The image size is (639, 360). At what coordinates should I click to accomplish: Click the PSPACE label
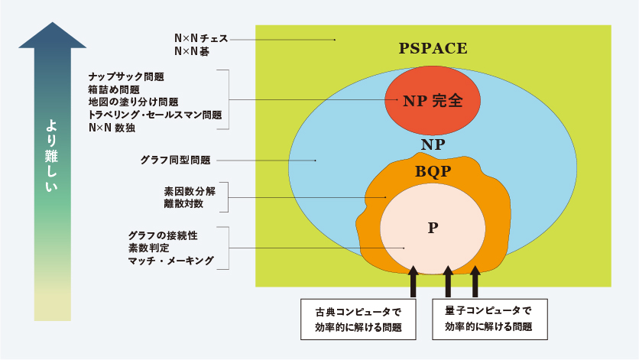(x=433, y=48)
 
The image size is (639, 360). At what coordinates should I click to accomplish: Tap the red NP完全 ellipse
(x=433, y=100)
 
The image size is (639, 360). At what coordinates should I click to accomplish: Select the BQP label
(x=433, y=171)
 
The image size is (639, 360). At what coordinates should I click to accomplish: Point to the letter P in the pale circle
(x=433, y=228)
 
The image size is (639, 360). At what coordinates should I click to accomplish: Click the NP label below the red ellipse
(x=433, y=144)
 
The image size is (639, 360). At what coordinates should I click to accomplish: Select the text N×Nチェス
(x=201, y=38)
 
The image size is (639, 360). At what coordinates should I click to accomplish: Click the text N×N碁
(x=192, y=51)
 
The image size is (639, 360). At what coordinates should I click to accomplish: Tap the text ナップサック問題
(x=126, y=76)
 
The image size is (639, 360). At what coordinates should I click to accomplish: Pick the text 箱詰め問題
(x=114, y=89)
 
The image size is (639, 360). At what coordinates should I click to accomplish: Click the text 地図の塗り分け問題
(x=133, y=102)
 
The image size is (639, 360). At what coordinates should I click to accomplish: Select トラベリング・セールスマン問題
(x=155, y=115)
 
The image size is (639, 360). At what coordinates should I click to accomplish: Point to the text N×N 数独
(x=112, y=128)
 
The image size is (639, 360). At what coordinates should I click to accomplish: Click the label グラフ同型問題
(x=175, y=161)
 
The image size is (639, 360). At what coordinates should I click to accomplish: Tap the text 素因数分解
(x=190, y=191)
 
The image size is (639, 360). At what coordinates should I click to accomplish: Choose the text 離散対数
(x=183, y=203)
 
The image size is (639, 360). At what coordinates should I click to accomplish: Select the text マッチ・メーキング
(x=171, y=261)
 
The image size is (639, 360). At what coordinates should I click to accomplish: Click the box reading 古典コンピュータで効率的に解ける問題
(x=358, y=319)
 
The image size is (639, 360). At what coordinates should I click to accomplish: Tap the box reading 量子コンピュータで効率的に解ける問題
(x=490, y=319)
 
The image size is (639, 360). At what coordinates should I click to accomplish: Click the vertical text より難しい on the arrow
(x=51, y=155)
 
